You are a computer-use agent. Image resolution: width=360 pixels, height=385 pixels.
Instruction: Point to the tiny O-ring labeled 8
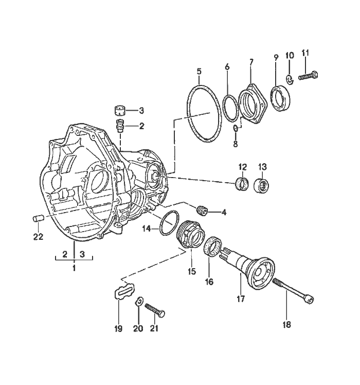[236, 128]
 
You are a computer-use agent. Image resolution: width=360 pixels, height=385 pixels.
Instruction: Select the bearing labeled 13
[262, 185]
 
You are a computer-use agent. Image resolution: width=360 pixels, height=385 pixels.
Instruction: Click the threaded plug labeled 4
[203, 209]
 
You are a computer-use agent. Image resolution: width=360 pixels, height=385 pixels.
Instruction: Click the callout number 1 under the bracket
[74, 269]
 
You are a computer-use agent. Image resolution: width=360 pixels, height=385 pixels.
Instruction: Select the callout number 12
[243, 166]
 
